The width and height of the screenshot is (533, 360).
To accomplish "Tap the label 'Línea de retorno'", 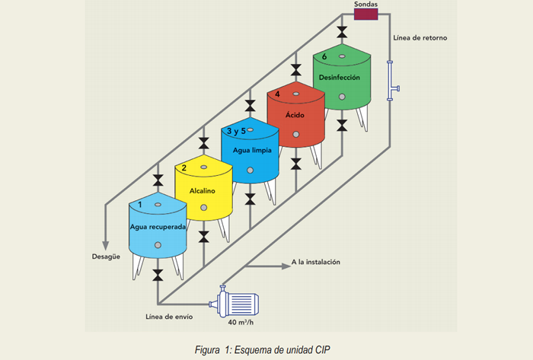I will click(420, 37).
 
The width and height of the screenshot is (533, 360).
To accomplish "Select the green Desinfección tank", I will click(340, 82).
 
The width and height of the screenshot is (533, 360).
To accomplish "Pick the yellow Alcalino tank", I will click(203, 190).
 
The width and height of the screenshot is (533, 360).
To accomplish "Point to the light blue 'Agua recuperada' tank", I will click(158, 228).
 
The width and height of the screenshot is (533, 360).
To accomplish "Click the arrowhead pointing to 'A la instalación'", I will click(282, 264).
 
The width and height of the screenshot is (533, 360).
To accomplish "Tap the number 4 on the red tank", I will click(278, 94).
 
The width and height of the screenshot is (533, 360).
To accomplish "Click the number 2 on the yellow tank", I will click(184, 167).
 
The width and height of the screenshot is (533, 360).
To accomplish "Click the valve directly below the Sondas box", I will click(341, 30).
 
